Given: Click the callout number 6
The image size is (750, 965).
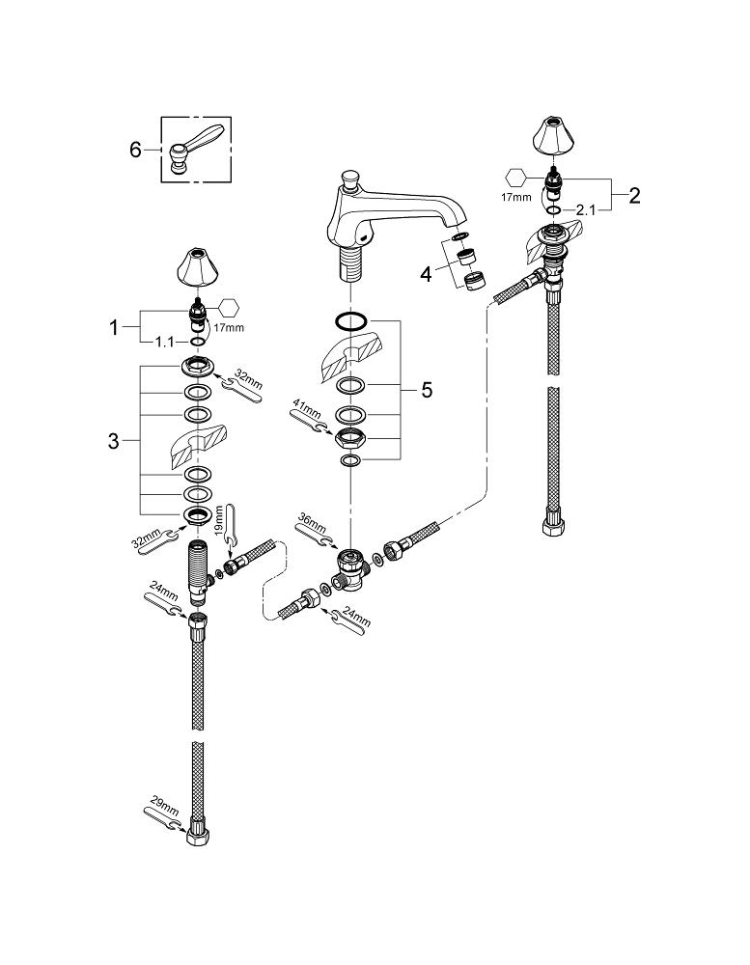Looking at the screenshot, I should (x=135, y=149).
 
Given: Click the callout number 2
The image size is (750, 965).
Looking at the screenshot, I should (x=633, y=194).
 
